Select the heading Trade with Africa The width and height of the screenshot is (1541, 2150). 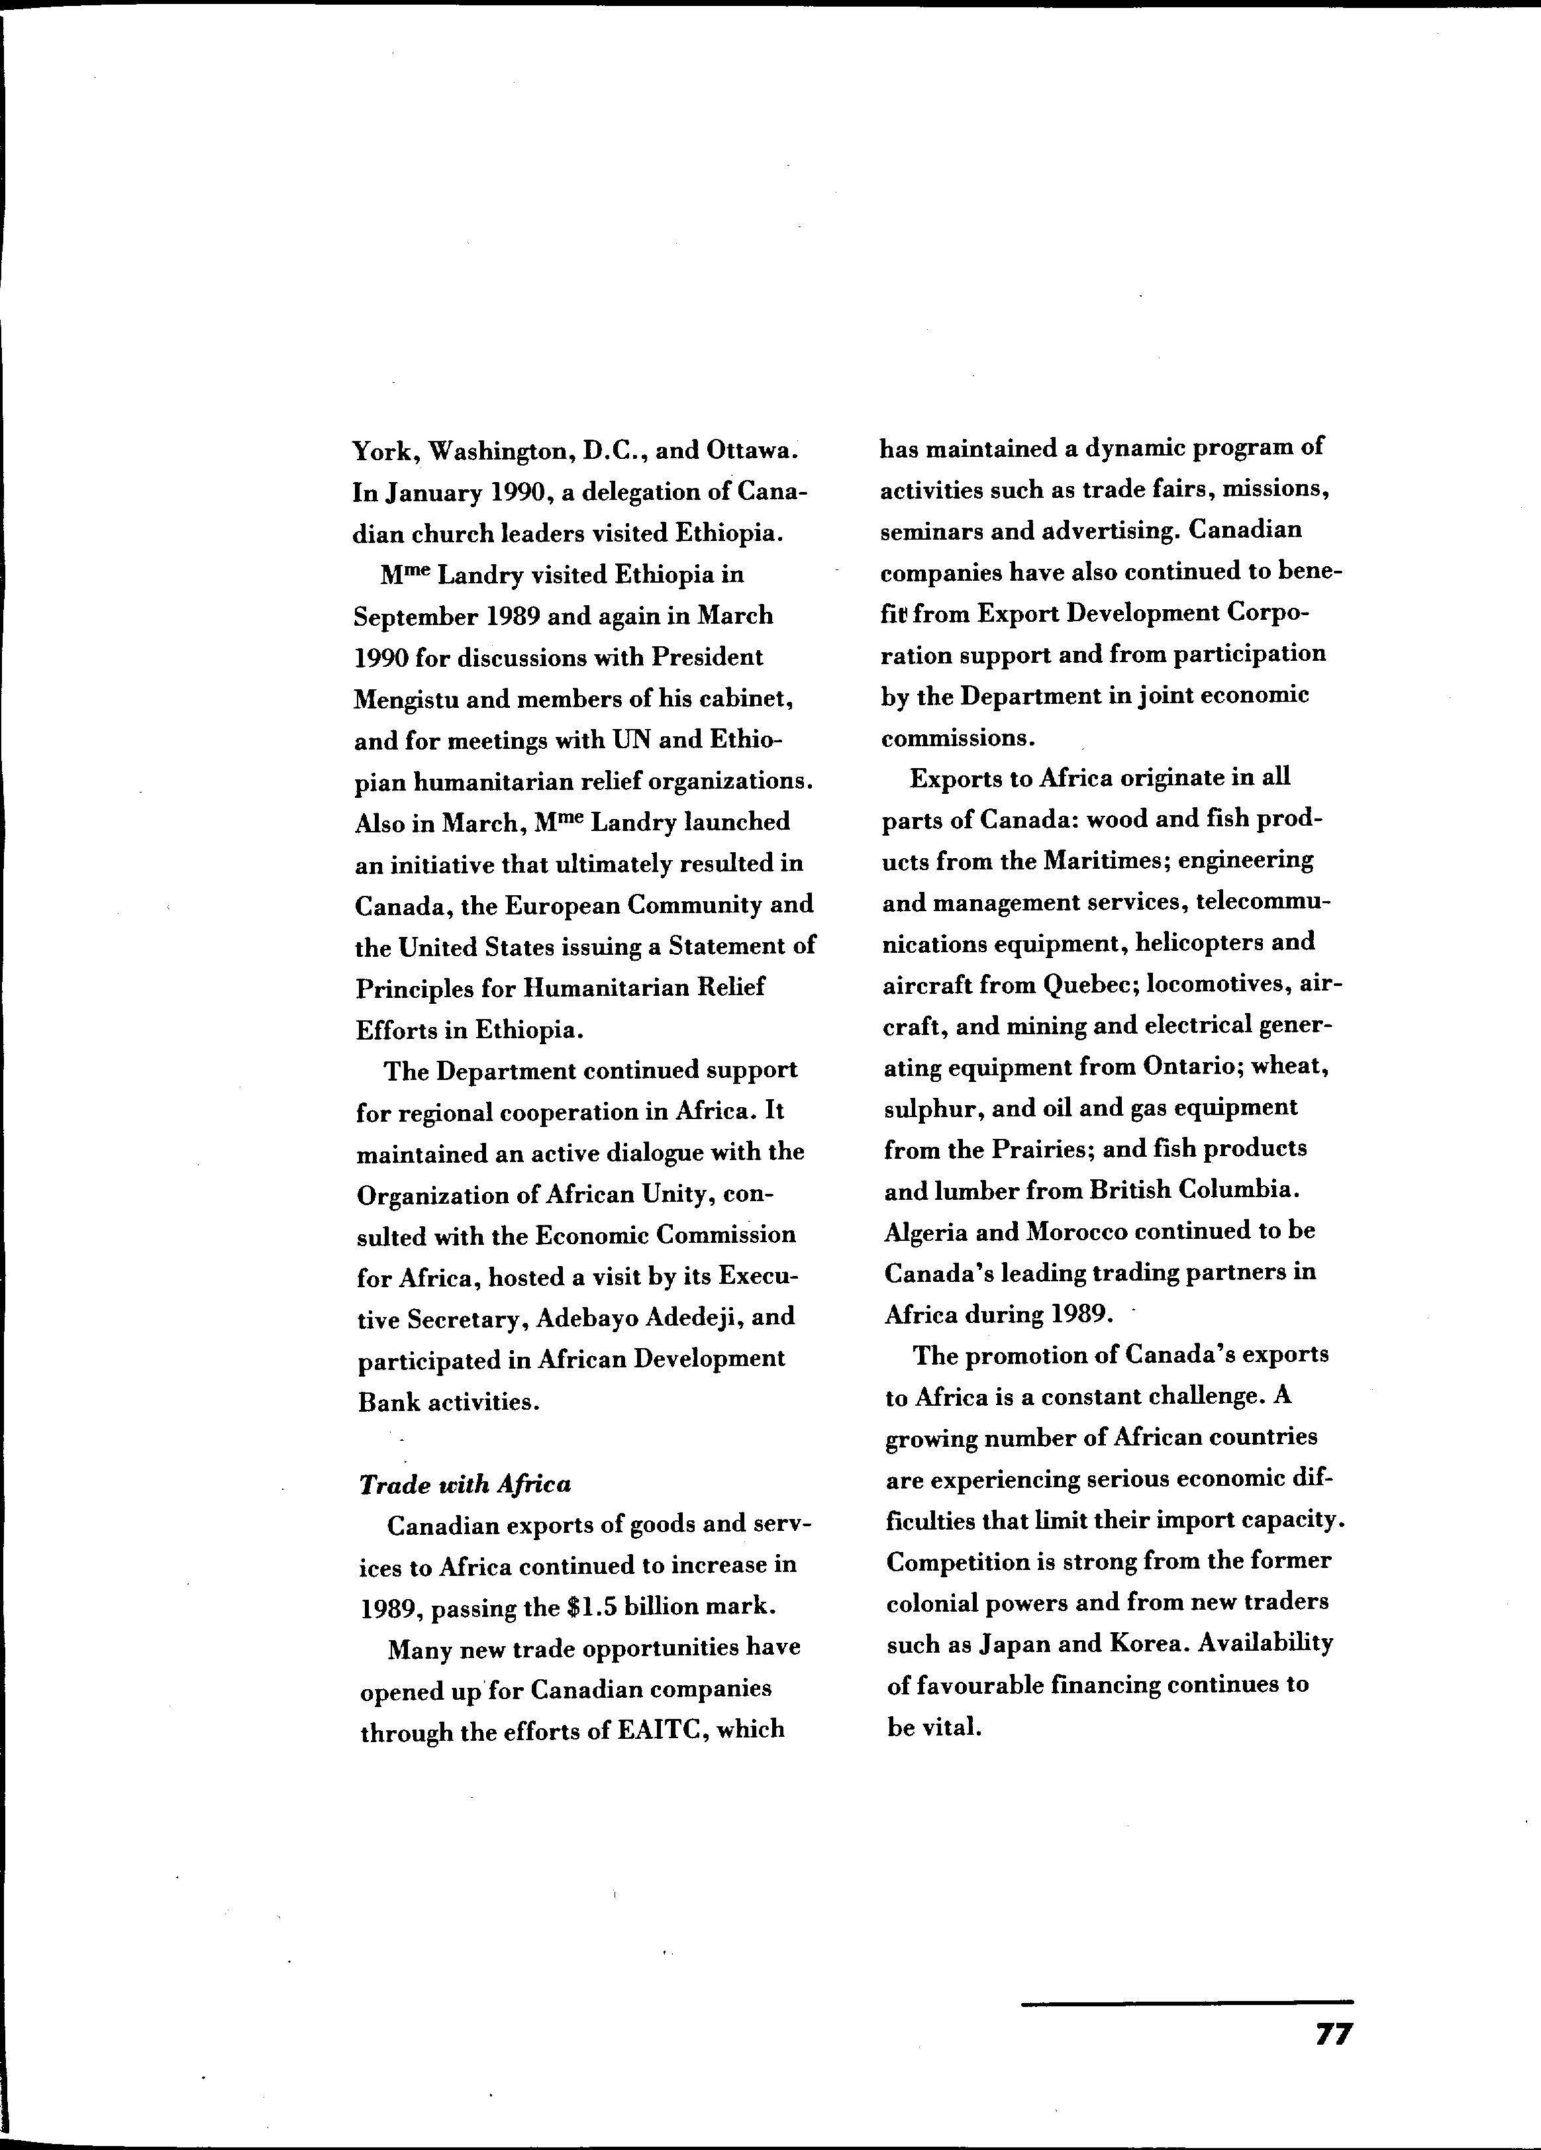tap(465, 1484)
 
